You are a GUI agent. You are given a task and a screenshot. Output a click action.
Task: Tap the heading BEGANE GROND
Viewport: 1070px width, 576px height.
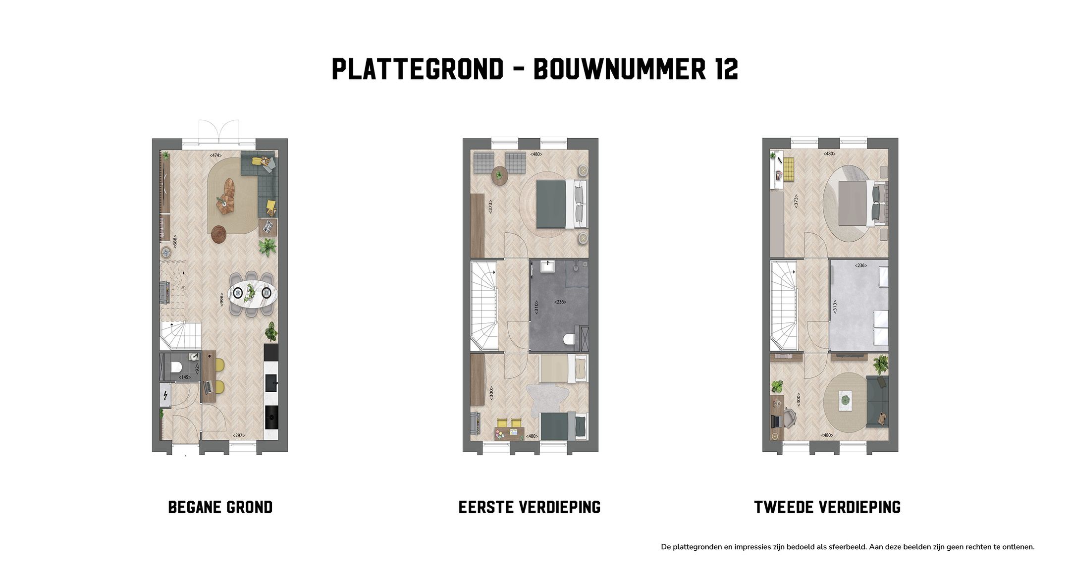pyautogui.click(x=220, y=507)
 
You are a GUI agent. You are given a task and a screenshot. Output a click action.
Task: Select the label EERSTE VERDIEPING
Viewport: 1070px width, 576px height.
pyautogui.click(x=529, y=507)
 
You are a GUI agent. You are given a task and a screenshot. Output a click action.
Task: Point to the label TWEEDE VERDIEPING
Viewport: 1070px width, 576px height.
pyautogui.click(x=827, y=507)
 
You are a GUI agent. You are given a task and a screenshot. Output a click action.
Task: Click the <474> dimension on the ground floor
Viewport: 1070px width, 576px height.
pyautogui.click(x=215, y=155)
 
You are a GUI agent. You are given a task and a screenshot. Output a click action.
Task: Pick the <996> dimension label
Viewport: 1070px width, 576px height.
pyautogui.click(x=222, y=299)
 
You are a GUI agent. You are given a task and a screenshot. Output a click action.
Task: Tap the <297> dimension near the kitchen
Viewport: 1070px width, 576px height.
pyautogui.click(x=238, y=436)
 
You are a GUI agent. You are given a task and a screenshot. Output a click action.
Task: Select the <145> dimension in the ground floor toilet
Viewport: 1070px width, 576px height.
pyautogui.click(x=185, y=377)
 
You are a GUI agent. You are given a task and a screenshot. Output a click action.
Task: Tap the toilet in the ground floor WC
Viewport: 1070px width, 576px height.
pyautogui.click(x=175, y=367)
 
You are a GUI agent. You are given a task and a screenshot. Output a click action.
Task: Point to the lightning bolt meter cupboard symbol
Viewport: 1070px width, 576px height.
pyautogui.click(x=165, y=395)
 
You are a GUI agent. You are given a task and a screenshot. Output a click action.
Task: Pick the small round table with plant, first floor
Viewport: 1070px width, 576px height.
pyautogui.click(x=499, y=175)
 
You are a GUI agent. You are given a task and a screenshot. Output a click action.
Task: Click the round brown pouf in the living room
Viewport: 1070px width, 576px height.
pyautogui.click(x=219, y=234)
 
